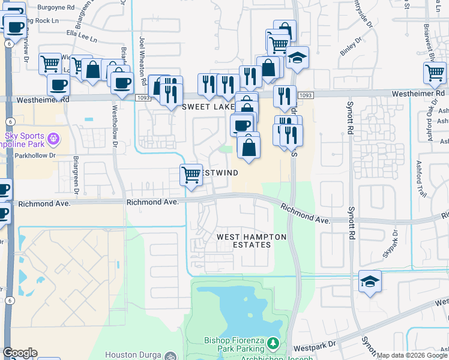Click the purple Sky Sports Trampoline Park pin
click(x=53, y=139)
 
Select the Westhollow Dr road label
click(x=115, y=126)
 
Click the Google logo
click(x=20, y=353)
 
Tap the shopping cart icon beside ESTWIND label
click(x=191, y=175)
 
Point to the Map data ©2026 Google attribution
click(x=412, y=355)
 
